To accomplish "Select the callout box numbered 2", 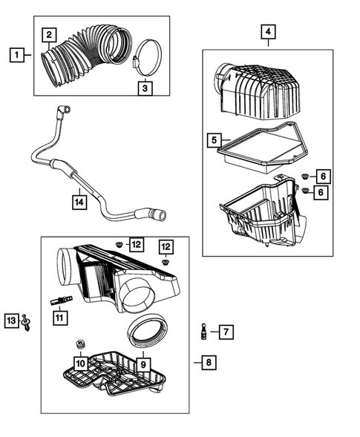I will (x=50, y=34).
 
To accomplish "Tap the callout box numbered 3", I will (x=145, y=88).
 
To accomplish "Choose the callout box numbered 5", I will (x=214, y=139).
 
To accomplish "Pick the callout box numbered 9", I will (x=140, y=364).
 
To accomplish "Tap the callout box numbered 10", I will (x=80, y=363).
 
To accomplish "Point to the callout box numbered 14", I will (x=79, y=200).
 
